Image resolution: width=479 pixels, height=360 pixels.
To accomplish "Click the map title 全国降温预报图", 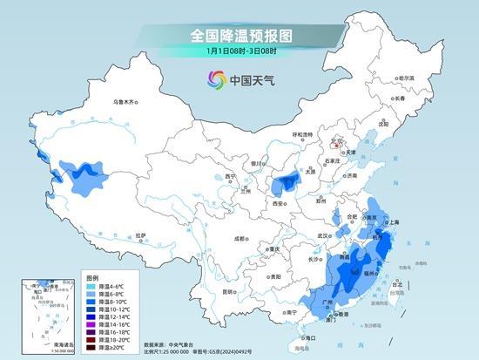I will tap(239, 36).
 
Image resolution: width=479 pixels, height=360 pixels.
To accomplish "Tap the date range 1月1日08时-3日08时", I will tap(239, 51).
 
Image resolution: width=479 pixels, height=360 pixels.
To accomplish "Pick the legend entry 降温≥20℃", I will tap(108, 349).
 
